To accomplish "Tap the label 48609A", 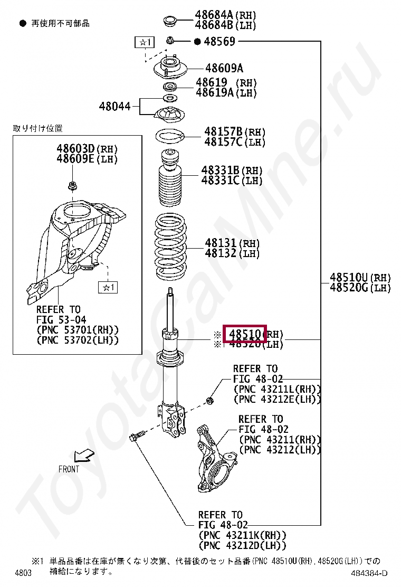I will (x=224, y=68).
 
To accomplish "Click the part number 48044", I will (x=114, y=106).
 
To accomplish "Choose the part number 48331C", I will (x=220, y=181).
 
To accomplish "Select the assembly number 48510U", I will (x=349, y=277).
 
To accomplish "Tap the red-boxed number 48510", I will (x=245, y=334).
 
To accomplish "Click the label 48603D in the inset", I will (x=75, y=149).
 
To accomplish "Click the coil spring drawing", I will (x=170, y=248).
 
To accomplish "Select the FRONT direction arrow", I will (x=82, y=455).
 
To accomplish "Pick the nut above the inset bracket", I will (x=72, y=185).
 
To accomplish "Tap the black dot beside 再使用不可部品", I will (x=23, y=23).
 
